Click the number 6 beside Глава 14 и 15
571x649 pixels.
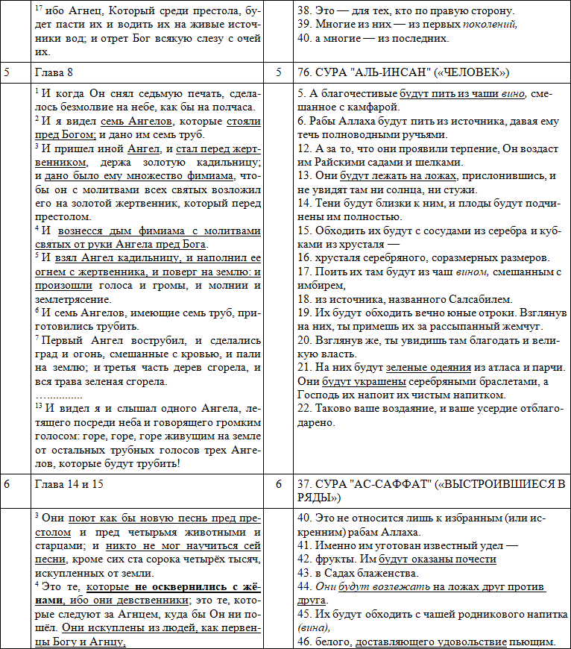pos(7,484)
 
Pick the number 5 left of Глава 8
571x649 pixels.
pos(7,72)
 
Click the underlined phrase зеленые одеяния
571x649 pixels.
pos(429,368)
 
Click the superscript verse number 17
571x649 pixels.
pos(40,7)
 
